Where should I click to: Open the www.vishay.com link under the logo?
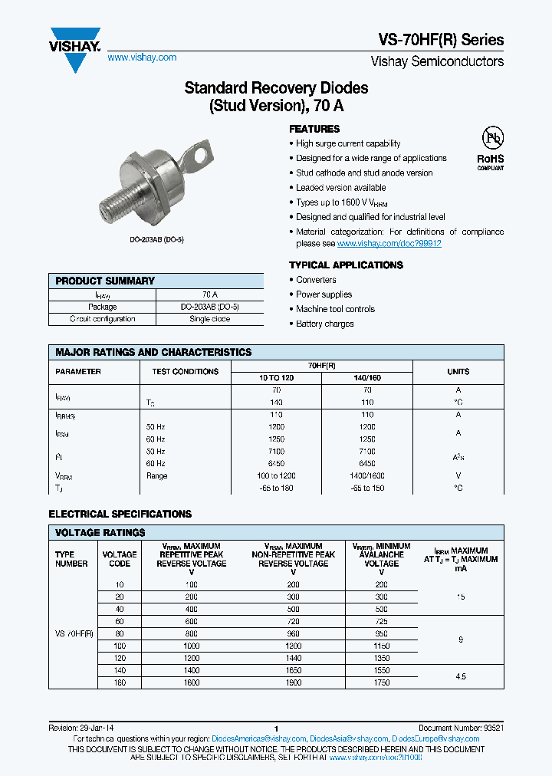(x=142, y=58)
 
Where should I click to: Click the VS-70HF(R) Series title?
(x=442, y=40)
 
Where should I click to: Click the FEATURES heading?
(x=314, y=129)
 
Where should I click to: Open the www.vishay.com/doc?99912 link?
(x=389, y=243)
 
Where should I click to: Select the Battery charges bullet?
(x=324, y=324)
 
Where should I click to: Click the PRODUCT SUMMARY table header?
(x=105, y=281)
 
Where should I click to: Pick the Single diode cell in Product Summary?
(x=209, y=319)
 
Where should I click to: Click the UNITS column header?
(x=458, y=371)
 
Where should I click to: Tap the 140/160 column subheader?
(x=366, y=378)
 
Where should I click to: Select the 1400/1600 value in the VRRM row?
(x=366, y=476)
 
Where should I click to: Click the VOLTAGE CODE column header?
(x=120, y=559)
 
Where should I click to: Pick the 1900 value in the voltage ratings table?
(x=293, y=682)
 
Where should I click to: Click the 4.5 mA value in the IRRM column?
(x=460, y=676)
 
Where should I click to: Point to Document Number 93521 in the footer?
(x=461, y=728)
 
